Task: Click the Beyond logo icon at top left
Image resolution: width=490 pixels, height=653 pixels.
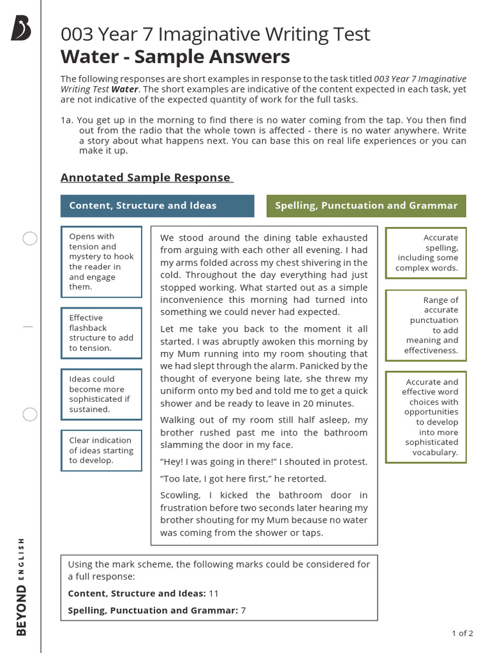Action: pos(20,29)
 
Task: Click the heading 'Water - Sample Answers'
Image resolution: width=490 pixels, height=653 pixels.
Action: pos(175,57)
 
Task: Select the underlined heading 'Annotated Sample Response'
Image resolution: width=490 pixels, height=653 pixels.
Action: pos(147,177)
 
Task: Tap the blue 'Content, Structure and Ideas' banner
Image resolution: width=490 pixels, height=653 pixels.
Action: pos(157,205)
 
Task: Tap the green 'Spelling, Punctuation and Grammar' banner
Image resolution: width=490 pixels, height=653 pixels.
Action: pos(366,205)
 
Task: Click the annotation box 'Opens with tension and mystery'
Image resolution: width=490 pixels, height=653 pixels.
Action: pos(101,261)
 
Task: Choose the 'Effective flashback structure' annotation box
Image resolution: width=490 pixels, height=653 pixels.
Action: pos(101,333)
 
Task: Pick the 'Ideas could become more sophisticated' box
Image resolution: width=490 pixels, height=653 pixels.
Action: pos(101,394)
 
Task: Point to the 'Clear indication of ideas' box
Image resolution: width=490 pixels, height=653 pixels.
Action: pos(101,450)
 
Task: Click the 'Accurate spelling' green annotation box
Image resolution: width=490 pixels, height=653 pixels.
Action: pos(426,253)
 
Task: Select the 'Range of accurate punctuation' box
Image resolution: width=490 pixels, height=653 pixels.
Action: pos(426,325)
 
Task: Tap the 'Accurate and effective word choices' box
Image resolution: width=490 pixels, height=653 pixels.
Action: pos(426,417)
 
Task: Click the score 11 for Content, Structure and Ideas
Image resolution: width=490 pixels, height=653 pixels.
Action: pos(214,593)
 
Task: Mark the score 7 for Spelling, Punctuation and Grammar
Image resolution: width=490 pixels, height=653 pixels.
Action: pos(243,610)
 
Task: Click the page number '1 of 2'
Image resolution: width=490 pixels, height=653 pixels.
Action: pos(462,633)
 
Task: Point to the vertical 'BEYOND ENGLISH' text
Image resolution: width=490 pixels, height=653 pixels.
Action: pos(21,587)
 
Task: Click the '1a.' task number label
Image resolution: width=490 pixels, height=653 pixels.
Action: pos(67,120)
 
